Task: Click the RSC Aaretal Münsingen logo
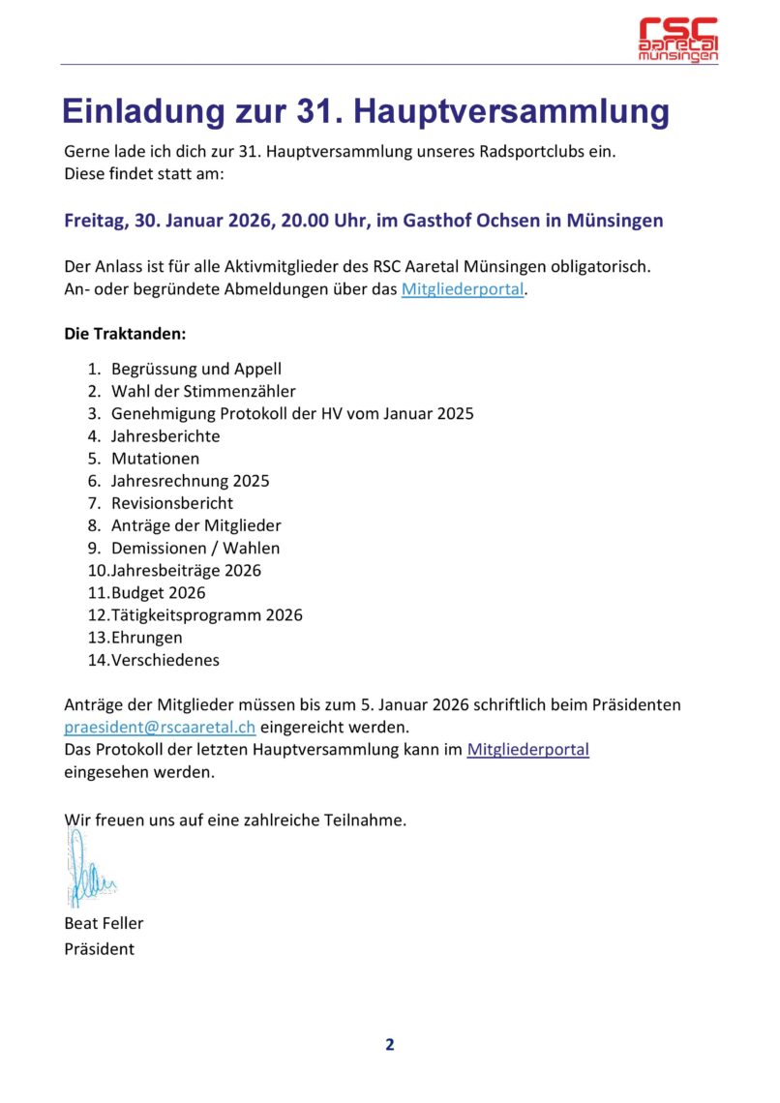(678, 40)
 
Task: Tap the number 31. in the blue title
(315, 112)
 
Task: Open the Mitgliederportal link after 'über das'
(463, 288)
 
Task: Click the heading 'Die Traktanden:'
(125, 334)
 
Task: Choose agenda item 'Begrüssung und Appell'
(196, 369)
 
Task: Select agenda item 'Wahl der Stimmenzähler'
(203, 391)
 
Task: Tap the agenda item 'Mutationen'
(155, 459)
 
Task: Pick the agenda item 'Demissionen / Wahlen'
(195, 548)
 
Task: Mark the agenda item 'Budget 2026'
(158, 592)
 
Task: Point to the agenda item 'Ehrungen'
(146, 638)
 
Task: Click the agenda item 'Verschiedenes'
(165, 660)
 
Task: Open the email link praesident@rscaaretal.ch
(160, 727)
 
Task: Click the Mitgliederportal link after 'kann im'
(527, 749)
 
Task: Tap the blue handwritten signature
(90, 869)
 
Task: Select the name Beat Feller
(104, 923)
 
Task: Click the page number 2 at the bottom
(390, 1044)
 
